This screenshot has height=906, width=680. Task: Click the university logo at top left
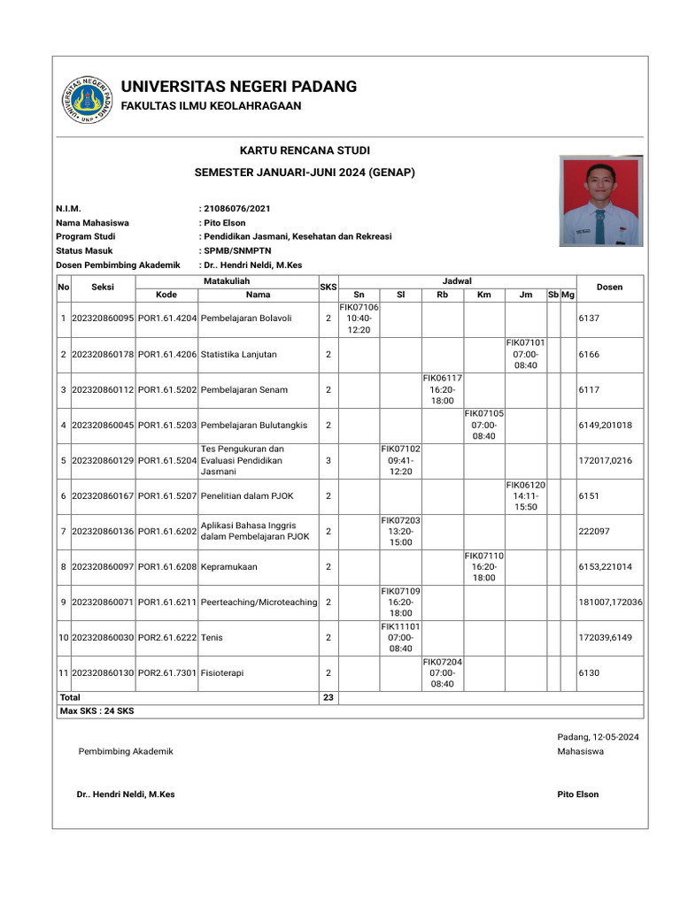(x=87, y=98)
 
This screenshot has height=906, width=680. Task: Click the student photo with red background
(x=601, y=202)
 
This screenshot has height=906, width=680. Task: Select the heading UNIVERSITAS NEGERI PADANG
(x=238, y=87)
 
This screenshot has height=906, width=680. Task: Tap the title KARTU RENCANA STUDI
(x=305, y=151)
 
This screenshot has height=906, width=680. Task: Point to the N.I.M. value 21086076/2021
(x=236, y=209)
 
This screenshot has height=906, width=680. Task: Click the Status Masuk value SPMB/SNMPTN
(x=237, y=250)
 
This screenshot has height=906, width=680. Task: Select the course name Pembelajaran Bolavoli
(x=246, y=318)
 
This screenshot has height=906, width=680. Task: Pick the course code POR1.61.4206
(x=167, y=354)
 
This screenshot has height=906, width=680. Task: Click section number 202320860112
(x=103, y=389)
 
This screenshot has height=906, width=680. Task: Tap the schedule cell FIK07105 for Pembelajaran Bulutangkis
(x=483, y=425)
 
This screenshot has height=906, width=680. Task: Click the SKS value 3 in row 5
(x=328, y=460)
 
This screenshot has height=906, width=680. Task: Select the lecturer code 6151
(x=589, y=496)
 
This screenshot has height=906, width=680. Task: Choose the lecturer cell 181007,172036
(x=610, y=602)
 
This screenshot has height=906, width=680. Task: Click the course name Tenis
(x=212, y=637)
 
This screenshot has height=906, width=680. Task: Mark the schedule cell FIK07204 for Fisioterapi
(x=442, y=672)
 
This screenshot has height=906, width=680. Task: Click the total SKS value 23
(x=328, y=697)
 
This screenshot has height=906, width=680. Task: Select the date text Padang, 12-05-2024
(x=598, y=737)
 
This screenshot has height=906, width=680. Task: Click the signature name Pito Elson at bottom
(x=577, y=795)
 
